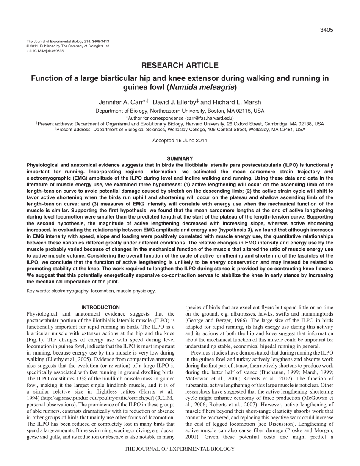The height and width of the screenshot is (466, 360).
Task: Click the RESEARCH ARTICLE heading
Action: pos(180,65)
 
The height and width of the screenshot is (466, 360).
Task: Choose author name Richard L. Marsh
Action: pos(231,102)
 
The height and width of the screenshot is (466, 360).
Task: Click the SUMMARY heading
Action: pos(180,158)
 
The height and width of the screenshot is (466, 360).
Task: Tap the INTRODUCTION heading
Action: pos(100,307)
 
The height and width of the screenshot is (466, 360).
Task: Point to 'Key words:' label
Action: pos(38,291)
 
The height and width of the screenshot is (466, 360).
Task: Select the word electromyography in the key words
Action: pos(70,291)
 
